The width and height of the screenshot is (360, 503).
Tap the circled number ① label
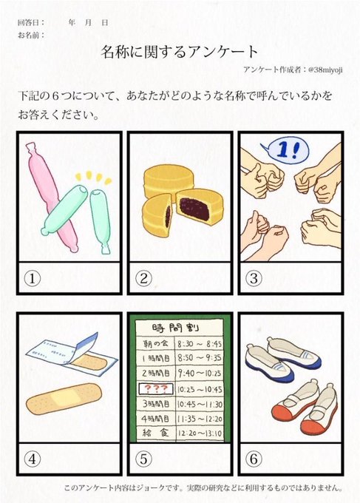(33, 278)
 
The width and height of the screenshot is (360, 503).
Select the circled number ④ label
(33, 459)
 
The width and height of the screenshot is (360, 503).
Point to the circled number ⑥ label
(254, 459)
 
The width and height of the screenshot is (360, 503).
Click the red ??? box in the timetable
(156, 389)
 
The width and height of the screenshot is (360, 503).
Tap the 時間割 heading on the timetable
(175, 328)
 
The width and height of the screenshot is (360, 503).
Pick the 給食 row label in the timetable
(155, 433)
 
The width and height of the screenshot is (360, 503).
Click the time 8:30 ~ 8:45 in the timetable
(200, 344)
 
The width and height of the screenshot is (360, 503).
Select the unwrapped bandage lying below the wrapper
(64, 398)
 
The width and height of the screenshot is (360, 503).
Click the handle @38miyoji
(325, 70)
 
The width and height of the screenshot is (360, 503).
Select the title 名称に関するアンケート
(180, 52)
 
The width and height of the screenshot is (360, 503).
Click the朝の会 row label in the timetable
(155, 344)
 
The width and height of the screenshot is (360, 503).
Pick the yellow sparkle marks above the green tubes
(94, 178)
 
